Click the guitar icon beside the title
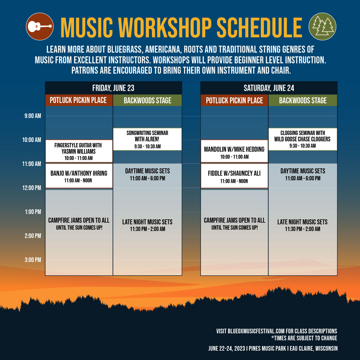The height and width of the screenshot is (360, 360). [x=40, y=26]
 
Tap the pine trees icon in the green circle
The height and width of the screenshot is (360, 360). [x=322, y=26]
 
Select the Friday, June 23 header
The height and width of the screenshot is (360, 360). [x=113, y=88]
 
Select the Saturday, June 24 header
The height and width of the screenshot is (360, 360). [x=269, y=88]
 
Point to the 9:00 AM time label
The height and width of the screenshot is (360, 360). [x=33, y=116]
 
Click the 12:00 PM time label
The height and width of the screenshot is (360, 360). [x=32, y=188]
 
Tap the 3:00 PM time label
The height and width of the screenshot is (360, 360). [x=33, y=260]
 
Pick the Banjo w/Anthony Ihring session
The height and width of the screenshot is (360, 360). [x=79, y=176]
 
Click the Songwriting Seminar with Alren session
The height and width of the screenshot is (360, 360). [x=147, y=139]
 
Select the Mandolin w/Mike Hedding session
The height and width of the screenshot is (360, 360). [x=234, y=151]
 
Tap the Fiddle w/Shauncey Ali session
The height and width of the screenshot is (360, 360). [x=234, y=176]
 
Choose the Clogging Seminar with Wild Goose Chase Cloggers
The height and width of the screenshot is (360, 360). [x=303, y=139]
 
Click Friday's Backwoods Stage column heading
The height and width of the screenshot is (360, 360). [x=147, y=100]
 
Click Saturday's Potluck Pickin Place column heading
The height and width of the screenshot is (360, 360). [x=234, y=100]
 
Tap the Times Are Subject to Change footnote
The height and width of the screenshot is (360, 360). [x=304, y=338]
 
